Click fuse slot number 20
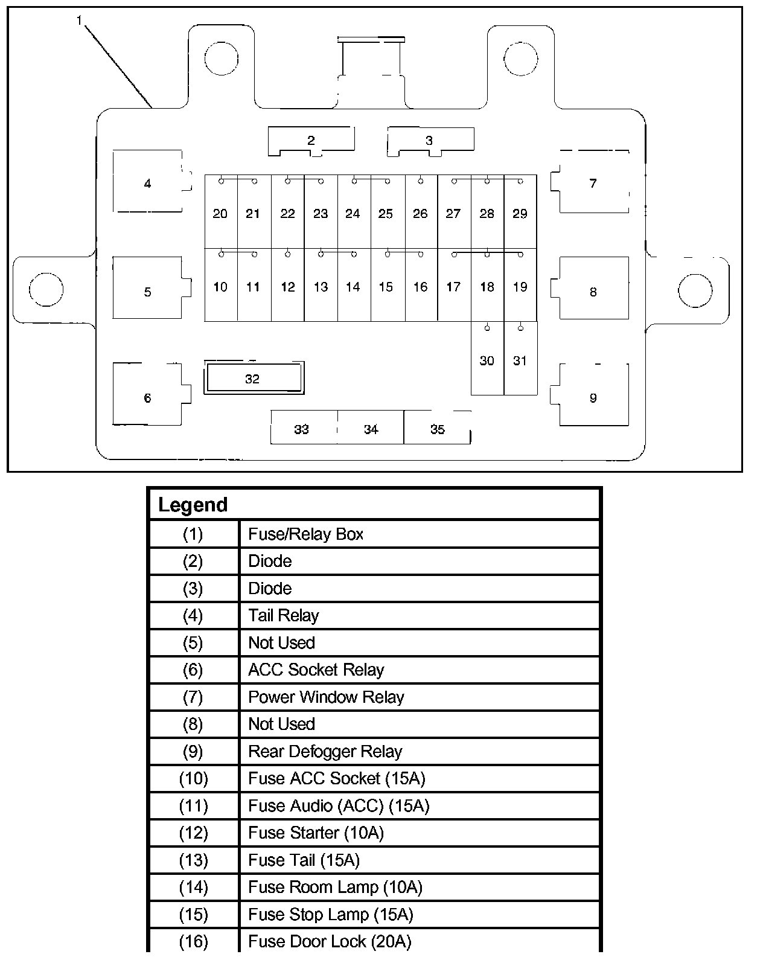(220, 213)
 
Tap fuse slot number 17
(453, 287)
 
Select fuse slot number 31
(520, 360)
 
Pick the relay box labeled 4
(148, 183)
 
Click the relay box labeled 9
(593, 397)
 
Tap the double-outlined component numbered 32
(253, 379)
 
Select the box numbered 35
(437, 429)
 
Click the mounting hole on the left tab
(46, 290)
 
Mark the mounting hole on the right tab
(695, 290)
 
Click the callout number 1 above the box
(79, 21)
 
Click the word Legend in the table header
(193, 505)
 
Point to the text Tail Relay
(283, 615)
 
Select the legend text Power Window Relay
(326, 697)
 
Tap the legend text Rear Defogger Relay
(325, 751)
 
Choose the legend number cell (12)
(193, 833)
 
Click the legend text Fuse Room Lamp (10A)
(335, 887)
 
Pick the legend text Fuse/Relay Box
(305, 534)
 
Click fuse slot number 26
(420, 213)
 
